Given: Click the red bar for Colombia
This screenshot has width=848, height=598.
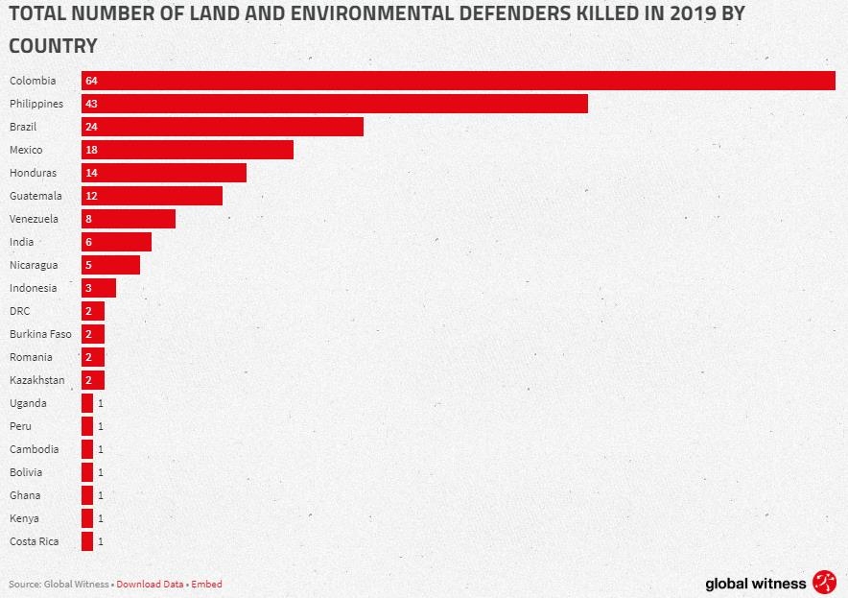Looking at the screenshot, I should (x=459, y=81).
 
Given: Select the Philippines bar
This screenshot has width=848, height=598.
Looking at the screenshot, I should (x=335, y=104).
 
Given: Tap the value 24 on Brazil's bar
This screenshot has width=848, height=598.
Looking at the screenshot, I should (x=91, y=127).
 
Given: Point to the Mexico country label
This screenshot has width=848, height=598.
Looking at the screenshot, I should (x=26, y=150).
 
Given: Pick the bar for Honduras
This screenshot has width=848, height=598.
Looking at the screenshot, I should (x=164, y=173).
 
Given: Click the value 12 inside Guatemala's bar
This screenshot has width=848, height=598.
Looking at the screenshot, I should (x=91, y=196).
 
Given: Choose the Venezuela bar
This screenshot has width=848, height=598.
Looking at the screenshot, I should (x=129, y=219).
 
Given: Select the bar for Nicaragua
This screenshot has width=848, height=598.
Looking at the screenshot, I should (x=110, y=265).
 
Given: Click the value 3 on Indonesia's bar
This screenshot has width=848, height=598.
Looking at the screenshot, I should (x=88, y=288).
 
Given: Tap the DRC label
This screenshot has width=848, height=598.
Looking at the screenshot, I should (x=20, y=311).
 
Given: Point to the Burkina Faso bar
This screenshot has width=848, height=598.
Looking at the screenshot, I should (x=93, y=334).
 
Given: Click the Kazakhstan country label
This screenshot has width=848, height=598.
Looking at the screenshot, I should (x=37, y=380).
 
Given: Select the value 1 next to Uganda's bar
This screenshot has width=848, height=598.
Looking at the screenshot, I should (x=100, y=403).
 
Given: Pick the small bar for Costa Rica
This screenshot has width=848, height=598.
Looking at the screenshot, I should (x=87, y=541).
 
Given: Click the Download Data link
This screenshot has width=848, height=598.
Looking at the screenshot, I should (x=150, y=584).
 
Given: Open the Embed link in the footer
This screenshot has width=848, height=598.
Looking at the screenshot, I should (x=206, y=584).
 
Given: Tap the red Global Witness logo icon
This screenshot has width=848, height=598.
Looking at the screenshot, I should (x=824, y=582).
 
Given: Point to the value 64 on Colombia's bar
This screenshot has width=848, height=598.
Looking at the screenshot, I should (x=91, y=81).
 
